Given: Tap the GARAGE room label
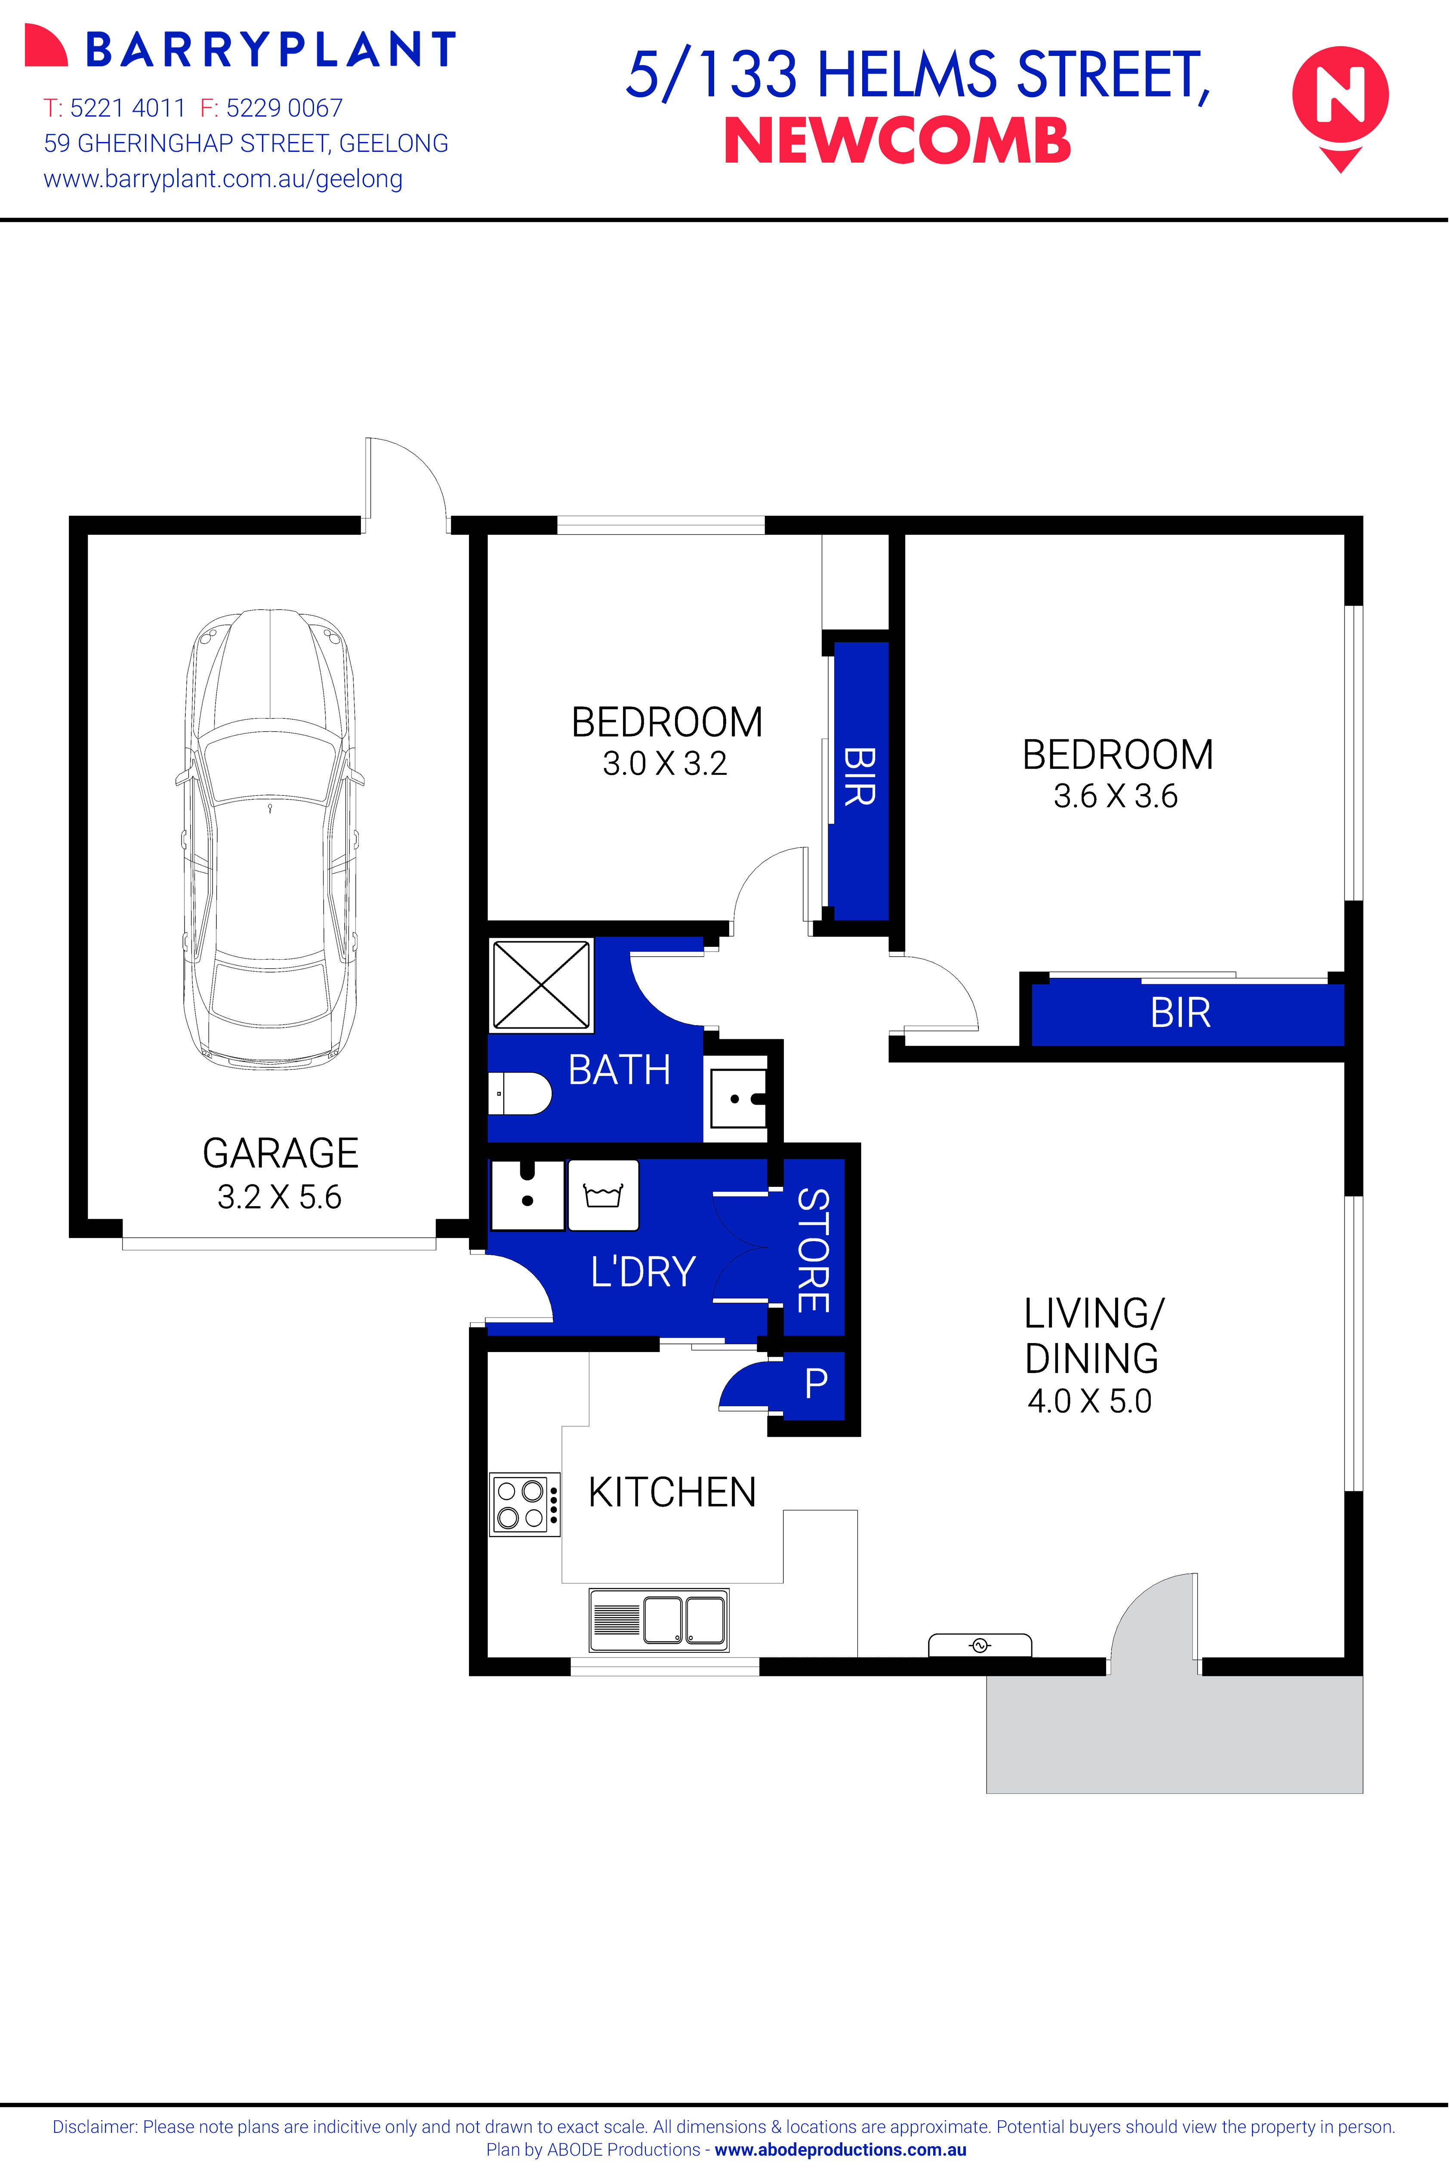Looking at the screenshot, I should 280,1153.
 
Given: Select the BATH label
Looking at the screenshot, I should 619,1070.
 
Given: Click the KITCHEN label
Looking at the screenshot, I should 672,1492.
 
